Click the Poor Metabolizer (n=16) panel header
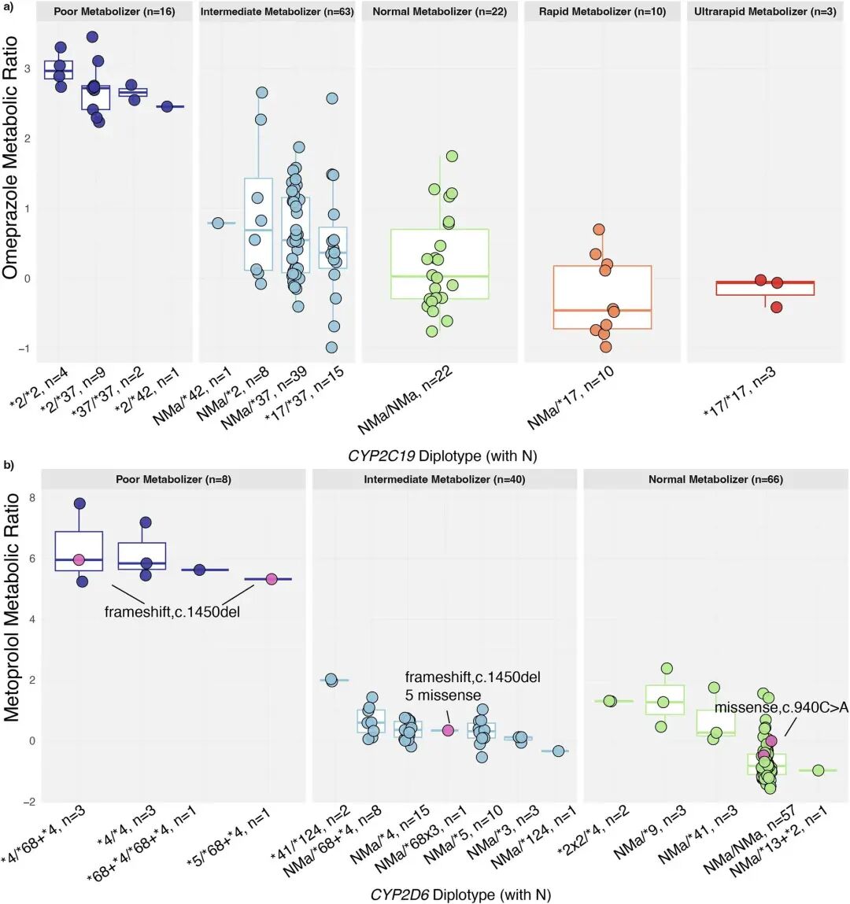click(114, 12)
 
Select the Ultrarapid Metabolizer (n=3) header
click(765, 12)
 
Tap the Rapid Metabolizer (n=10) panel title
click(602, 12)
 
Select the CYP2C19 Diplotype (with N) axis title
click(442, 456)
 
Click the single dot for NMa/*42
click(218, 223)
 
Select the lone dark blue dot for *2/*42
click(167, 106)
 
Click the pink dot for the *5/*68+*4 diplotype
click(272, 579)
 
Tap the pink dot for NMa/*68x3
click(448, 730)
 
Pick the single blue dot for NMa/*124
click(558, 751)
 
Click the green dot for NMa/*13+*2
click(818, 770)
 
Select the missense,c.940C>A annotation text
click(781, 708)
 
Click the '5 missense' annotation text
click(442, 695)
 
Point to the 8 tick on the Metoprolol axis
click(32, 498)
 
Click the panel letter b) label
click(9, 465)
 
